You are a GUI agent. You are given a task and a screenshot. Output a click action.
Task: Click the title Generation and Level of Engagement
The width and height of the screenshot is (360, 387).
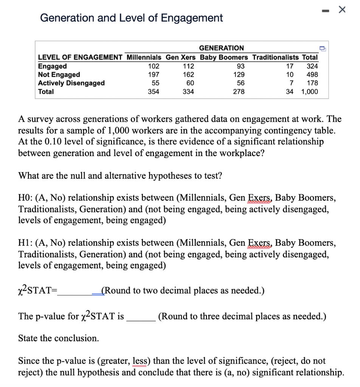click(131, 18)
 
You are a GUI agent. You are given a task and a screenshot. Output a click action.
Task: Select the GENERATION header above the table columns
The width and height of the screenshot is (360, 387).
click(221, 48)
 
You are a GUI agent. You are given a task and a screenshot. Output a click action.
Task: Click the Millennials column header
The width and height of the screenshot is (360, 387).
click(144, 57)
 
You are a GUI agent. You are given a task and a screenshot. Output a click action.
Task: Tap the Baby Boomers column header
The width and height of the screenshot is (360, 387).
click(224, 57)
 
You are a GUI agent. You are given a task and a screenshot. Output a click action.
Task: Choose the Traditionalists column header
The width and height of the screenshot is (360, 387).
click(275, 57)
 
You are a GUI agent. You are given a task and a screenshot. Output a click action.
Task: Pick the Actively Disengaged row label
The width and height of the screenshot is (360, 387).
click(71, 83)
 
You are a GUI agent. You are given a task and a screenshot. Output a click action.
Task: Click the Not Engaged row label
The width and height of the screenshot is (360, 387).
click(59, 74)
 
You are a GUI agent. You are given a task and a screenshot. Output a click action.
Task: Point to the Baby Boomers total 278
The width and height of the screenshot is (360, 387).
click(239, 91)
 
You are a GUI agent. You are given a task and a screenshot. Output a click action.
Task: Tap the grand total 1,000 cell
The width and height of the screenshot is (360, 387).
click(310, 91)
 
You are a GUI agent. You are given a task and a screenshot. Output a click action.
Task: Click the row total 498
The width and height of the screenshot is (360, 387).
click(312, 74)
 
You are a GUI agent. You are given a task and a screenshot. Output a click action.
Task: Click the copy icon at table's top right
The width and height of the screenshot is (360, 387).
click(322, 48)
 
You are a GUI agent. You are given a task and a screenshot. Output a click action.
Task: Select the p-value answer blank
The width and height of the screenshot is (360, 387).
click(141, 316)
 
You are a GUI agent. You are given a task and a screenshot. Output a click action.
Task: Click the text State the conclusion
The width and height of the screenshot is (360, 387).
click(59, 338)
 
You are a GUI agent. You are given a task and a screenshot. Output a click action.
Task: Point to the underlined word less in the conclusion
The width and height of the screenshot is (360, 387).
click(140, 361)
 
